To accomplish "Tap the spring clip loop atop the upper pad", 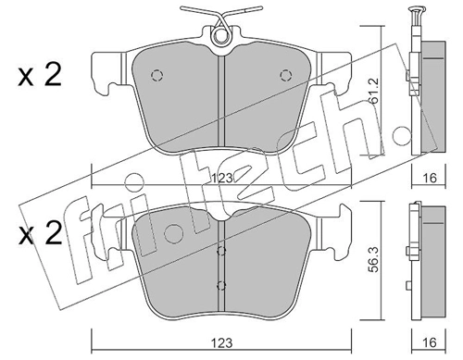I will [x=220, y=37].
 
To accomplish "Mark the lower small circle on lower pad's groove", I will [x=219, y=284].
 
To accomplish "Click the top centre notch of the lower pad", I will [x=219, y=217].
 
